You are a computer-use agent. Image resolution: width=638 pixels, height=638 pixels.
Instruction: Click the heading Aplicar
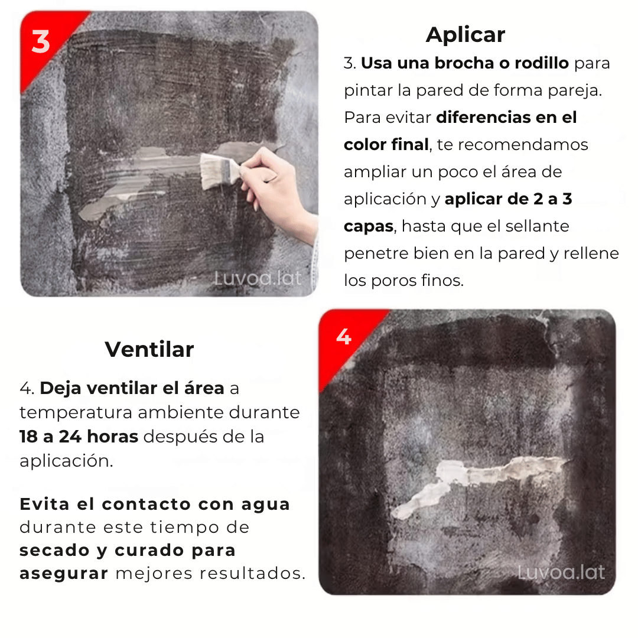[465, 35]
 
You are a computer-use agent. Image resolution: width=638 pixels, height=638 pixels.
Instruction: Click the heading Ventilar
[149, 350]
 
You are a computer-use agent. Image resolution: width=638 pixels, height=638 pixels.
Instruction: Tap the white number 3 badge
[41, 43]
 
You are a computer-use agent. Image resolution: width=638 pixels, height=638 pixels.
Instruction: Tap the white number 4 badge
[344, 337]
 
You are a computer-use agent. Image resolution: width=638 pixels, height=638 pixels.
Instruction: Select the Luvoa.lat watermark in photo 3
[258, 278]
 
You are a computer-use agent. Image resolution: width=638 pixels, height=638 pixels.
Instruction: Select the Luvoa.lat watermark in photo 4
[561, 572]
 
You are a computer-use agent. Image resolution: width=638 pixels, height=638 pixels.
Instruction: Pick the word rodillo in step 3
[541, 63]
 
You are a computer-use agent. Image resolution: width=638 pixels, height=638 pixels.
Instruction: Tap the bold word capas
[368, 226]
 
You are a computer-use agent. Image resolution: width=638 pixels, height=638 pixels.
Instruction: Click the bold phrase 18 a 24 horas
[79, 437]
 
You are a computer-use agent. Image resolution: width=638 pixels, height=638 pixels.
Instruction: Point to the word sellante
[541, 226]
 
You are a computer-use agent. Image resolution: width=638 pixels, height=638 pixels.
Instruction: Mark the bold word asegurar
[64, 573]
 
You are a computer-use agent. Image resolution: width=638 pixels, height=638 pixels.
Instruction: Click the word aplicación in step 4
[66, 461]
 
